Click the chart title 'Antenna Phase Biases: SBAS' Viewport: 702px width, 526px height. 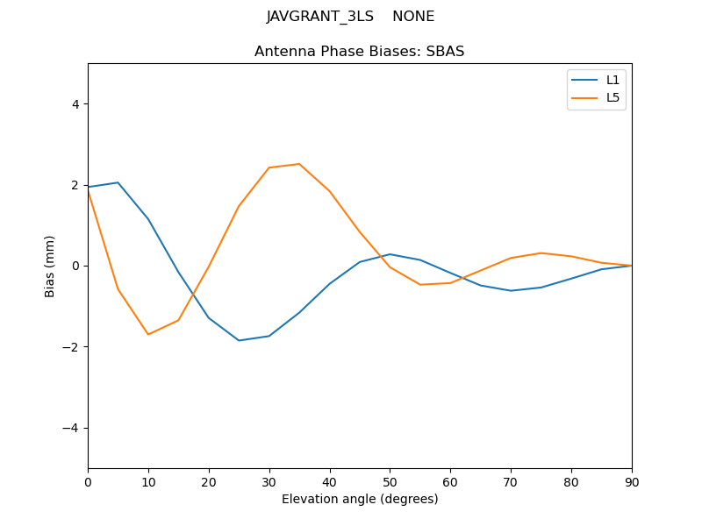pos(359,52)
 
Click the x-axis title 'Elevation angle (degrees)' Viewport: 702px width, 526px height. pos(359,499)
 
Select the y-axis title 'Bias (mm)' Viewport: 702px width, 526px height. pos(50,266)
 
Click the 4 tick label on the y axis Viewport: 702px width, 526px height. pos(75,104)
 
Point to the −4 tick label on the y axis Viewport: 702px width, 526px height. pos(72,428)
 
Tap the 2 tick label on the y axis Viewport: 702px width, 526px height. pos(75,185)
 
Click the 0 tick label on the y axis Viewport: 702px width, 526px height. pos(75,266)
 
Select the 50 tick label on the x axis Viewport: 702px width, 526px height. pos(390,481)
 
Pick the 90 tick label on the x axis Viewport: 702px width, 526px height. pos(631,481)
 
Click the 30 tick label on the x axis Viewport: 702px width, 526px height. pos(269,481)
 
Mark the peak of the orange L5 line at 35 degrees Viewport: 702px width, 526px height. pos(299,164)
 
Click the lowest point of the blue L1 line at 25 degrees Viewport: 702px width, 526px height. pos(239,340)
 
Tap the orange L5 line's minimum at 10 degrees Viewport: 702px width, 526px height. pos(148,334)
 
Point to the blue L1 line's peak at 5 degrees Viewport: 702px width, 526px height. pos(118,182)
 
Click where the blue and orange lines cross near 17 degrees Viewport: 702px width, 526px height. pos(191,293)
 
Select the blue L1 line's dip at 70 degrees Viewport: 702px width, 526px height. pos(511,290)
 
